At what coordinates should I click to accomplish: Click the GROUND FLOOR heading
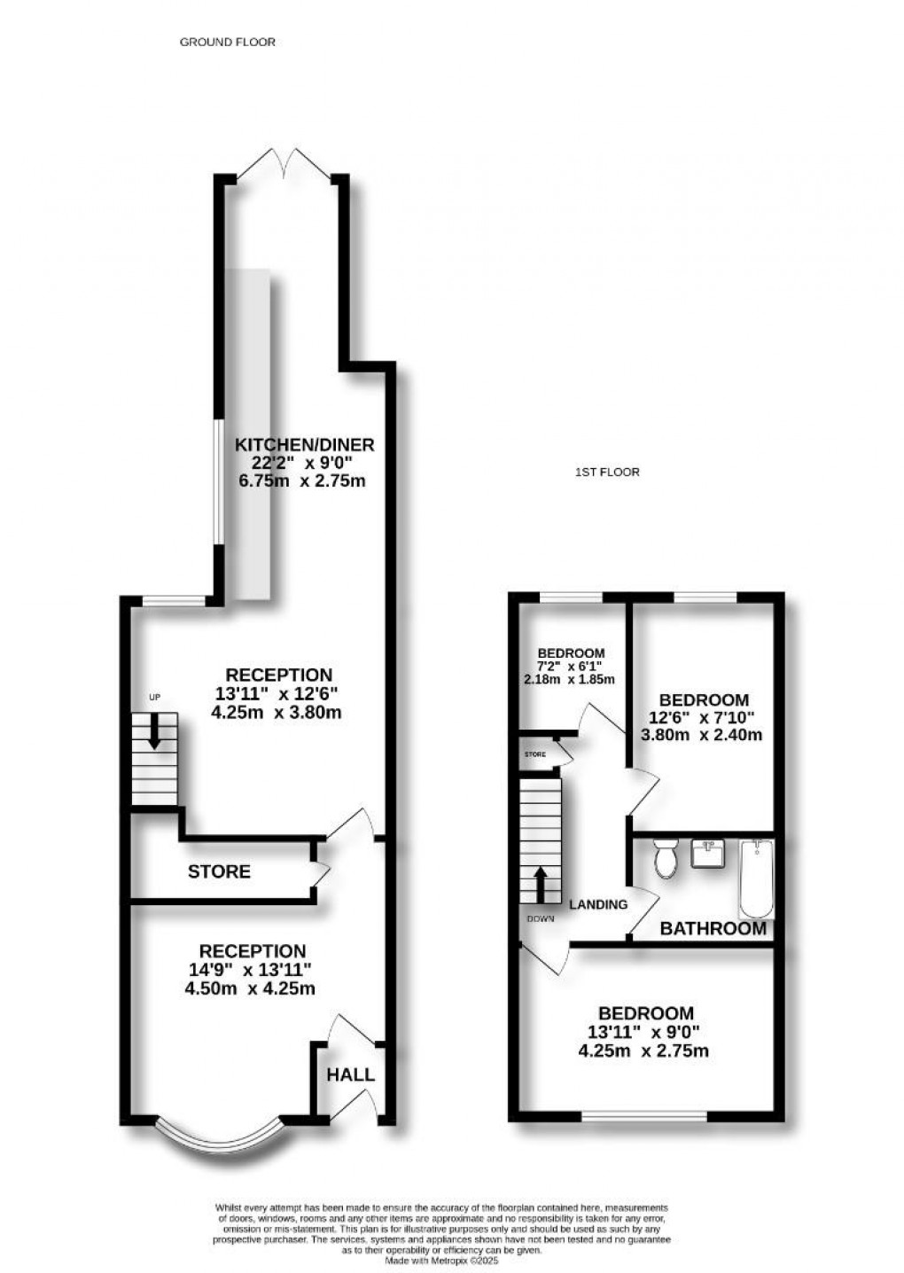coord(228,42)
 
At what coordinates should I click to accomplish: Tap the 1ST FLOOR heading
coord(607,472)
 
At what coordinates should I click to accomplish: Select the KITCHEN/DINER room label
coord(304,444)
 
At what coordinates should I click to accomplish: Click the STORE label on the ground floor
coord(219,871)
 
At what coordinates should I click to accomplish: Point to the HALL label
coord(350,1074)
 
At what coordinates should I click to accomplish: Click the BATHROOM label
coord(713,928)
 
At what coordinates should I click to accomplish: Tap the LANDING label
coord(598,904)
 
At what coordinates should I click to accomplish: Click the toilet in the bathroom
coord(665,858)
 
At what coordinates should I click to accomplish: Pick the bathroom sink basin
coord(709,855)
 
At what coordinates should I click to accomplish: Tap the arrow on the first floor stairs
coord(540,883)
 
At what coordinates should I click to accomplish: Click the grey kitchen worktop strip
coord(246,434)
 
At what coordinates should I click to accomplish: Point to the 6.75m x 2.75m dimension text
coord(302,481)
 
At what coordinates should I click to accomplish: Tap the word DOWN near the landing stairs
coord(540,918)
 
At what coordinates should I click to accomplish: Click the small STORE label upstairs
coord(534,754)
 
